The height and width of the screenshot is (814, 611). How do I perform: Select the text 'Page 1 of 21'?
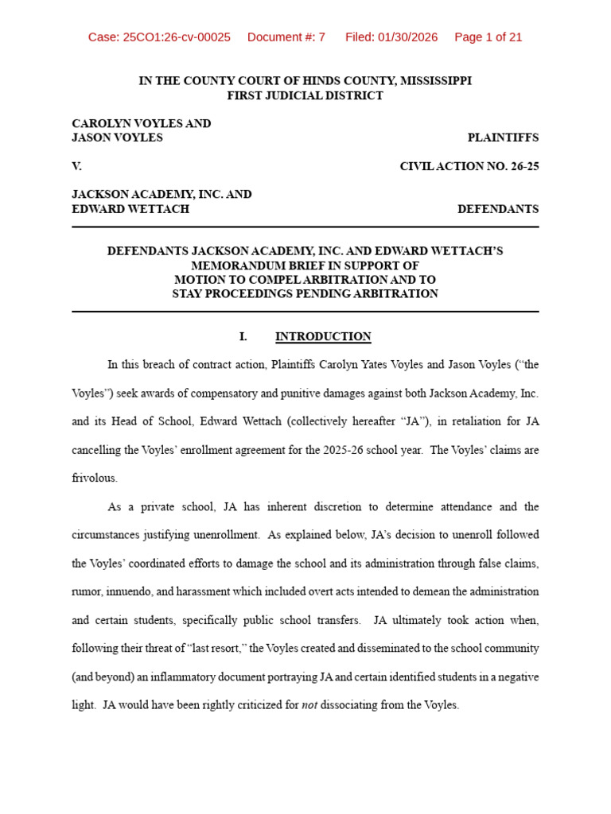click(x=488, y=37)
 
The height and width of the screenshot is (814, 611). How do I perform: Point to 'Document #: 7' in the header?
click(x=286, y=37)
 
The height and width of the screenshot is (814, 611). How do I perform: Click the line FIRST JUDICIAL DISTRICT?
click(x=305, y=95)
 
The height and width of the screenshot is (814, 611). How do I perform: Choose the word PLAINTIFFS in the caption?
click(x=503, y=138)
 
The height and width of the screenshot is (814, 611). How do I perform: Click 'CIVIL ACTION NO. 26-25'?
click(x=469, y=166)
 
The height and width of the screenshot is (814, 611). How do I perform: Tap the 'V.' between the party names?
click(x=77, y=166)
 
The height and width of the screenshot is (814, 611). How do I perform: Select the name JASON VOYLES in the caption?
click(x=117, y=138)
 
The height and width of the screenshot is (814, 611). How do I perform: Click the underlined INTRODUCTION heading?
click(x=323, y=336)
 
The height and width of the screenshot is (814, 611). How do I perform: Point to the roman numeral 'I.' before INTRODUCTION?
click(x=243, y=336)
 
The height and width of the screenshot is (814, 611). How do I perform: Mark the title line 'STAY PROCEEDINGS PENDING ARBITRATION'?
click(x=305, y=293)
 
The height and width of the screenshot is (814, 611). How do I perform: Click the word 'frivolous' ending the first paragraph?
click(x=94, y=479)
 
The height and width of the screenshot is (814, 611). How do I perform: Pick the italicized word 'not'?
click(x=309, y=705)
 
